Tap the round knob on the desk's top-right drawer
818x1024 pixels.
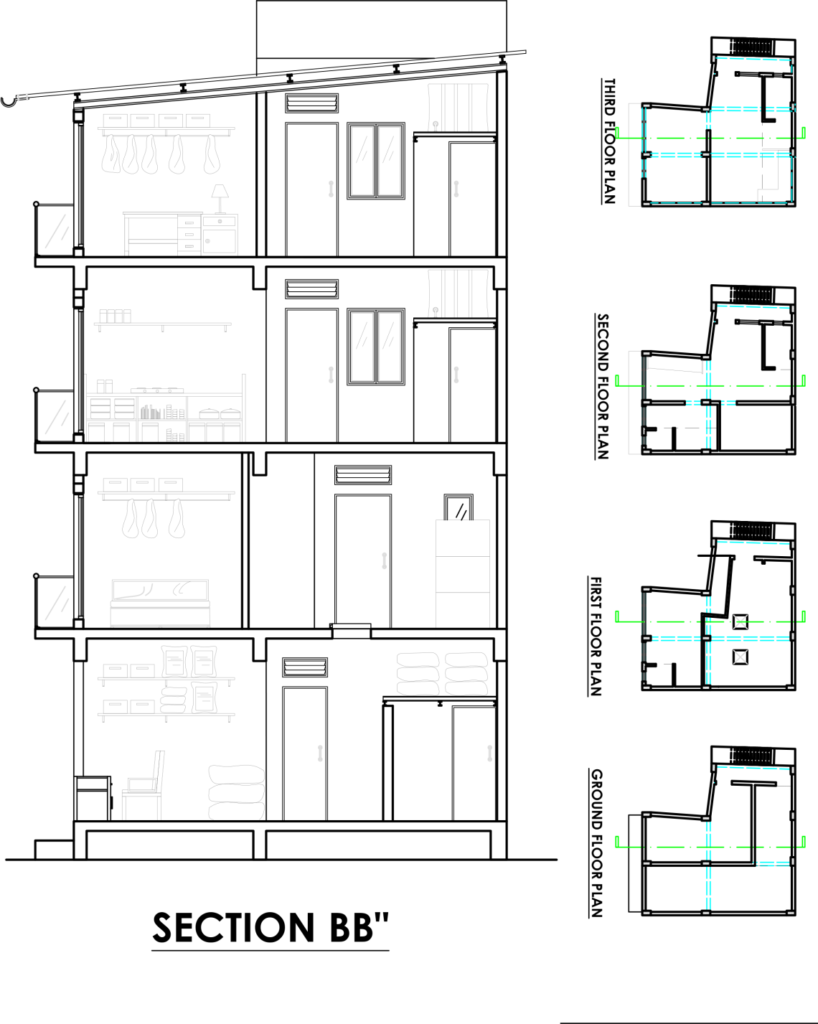[x=220, y=221]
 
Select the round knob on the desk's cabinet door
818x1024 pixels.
[x=207, y=241]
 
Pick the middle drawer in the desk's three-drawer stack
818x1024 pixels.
[x=189, y=234]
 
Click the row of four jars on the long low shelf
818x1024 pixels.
[x=115, y=316]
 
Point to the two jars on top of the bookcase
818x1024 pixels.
[x=105, y=386]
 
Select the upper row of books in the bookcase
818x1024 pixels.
[x=151, y=413]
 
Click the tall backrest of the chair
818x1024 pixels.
[x=159, y=769]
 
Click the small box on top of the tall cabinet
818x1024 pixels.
[x=459, y=509]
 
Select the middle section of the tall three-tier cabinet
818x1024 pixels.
[x=463, y=574]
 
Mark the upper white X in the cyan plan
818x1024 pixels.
[x=740, y=622]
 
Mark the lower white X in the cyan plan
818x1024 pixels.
[x=740, y=657]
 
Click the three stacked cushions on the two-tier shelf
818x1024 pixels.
[x=173, y=700]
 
